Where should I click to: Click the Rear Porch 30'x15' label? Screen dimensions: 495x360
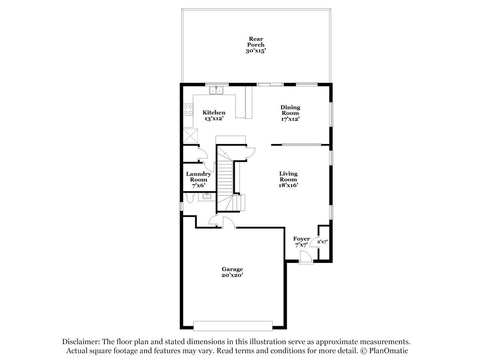tap(256, 45)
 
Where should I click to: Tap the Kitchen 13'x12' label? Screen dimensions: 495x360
tap(214, 115)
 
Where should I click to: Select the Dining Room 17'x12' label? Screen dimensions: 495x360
tap(290, 113)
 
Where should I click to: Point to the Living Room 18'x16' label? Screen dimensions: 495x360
tap(288, 179)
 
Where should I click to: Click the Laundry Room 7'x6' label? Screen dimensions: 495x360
tap(198, 180)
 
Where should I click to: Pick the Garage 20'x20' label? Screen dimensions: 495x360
tap(232, 272)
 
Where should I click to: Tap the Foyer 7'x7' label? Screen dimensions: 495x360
tap(301, 242)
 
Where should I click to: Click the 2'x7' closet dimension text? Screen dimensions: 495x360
tap(322, 242)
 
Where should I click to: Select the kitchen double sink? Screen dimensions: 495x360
tap(216, 90)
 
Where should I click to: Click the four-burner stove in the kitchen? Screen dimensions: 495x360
tap(188, 109)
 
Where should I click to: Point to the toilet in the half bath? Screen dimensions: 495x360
tap(190, 198)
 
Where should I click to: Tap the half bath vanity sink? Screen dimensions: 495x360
tap(207, 197)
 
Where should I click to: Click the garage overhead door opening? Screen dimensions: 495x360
tap(233, 326)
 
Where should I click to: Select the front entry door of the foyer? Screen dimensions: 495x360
tap(305, 257)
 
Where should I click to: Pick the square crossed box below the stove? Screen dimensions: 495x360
tap(191, 136)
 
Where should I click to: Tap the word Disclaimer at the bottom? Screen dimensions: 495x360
tap(81, 342)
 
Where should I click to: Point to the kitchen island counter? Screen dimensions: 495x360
tap(249, 103)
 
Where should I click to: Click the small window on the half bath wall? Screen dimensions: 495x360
tap(181, 206)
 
